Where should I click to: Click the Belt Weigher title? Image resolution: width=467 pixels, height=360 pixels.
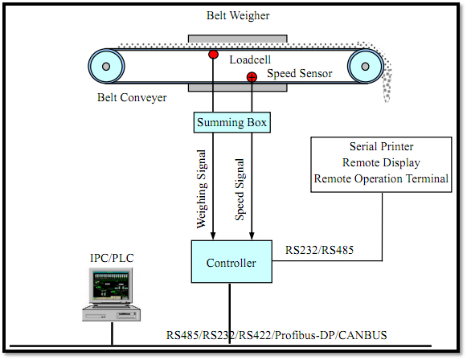238,15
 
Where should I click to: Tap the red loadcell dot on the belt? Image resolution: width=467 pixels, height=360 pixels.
213,55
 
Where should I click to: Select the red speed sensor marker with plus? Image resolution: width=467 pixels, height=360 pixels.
252,77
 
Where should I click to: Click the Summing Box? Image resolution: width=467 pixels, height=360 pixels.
232,122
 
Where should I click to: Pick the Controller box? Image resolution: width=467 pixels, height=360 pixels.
231,262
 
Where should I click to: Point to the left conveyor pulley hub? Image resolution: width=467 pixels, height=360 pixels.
106,66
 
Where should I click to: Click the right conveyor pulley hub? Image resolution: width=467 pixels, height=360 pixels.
366,66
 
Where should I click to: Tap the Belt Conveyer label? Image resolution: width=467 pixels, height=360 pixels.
132,98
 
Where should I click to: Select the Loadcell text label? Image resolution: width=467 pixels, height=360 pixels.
250,59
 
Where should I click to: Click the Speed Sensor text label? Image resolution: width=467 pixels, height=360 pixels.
299,74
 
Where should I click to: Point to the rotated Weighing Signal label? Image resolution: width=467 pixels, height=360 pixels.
201,190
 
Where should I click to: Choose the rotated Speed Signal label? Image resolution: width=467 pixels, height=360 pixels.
240,190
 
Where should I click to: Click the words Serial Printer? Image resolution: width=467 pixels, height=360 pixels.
381,146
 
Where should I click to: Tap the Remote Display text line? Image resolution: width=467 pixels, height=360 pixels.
381,162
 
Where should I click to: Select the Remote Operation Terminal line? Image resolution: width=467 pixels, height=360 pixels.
381,178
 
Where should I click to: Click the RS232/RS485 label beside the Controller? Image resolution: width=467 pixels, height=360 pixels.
319,250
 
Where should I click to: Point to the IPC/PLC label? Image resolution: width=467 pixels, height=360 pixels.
112,258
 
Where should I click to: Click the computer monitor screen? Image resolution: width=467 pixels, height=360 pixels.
111,285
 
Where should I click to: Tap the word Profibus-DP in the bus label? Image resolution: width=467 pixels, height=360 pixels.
305,335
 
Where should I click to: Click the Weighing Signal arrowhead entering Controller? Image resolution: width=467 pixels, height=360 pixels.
213,235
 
